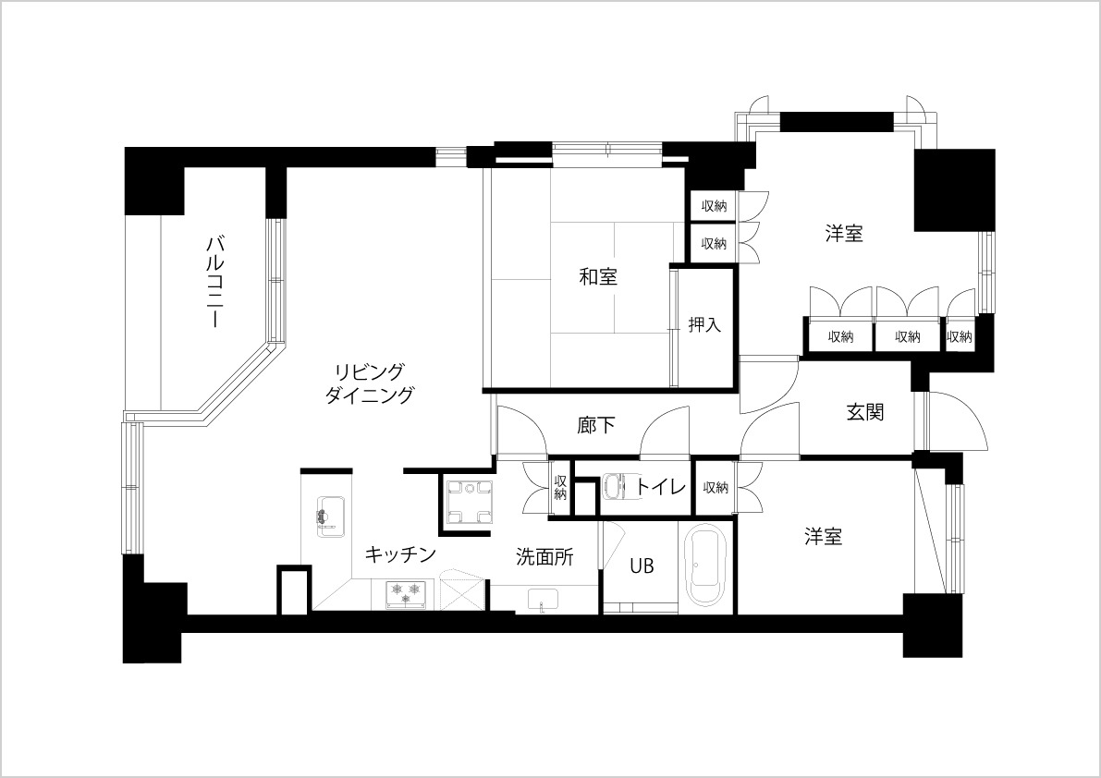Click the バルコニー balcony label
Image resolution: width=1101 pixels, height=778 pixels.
pyautogui.click(x=214, y=282)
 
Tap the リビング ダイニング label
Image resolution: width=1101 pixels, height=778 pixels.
pyautogui.click(x=370, y=383)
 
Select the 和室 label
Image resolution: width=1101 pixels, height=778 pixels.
pyautogui.click(x=598, y=277)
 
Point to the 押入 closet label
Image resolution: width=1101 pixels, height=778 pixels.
pyautogui.click(x=704, y=325)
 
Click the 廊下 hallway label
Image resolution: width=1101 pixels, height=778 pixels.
pyautogui.click(x=596, y=425)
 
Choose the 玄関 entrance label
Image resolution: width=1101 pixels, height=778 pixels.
pyautogui.click(x=864, y=412)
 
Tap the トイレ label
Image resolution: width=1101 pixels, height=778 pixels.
pyautogui.click(x=661, y=486)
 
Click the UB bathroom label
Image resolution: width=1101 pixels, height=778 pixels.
pyautogui.click(x=641, y=565)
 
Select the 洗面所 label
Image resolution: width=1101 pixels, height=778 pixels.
pyautogui.click(x=544, y=557)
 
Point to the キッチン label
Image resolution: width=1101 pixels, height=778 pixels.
pyautogui.click(x=400, y=554)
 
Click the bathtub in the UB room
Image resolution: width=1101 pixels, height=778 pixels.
pyautogui.click(x=705, y=567)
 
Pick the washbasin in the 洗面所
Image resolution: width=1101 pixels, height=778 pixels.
pyautogui.click(x=542, y=601)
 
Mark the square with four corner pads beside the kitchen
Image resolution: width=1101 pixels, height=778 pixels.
pyautogui.click(x=466, y=502)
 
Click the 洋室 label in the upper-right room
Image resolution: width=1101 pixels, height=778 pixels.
pyautogui.click(x=844, y=234)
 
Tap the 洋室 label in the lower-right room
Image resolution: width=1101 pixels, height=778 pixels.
pyautogui.click(x=823, y=538)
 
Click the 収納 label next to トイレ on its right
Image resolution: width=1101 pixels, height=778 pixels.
pyautogui.click(x=716, y=488)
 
